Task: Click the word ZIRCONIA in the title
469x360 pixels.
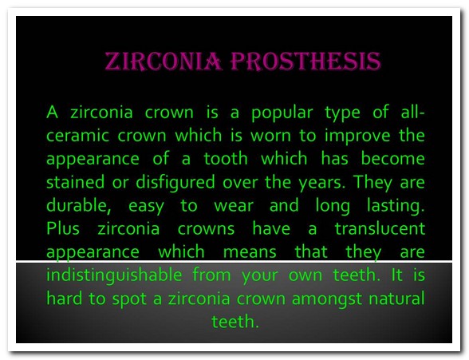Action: coord(164,61)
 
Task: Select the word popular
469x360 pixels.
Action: coord(282,113)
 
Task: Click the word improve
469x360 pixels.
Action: coord(357,136)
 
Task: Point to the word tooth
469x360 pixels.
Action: coord(227,158)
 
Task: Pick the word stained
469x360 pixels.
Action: coord(75,181)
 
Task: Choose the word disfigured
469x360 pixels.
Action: coord(175,183)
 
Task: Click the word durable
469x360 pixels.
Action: coord(79,205)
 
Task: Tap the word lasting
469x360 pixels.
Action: coord(396,206)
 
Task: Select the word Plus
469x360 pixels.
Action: coord(63,228)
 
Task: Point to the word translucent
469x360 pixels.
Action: coord(380,228)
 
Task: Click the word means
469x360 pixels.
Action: coord(250,252)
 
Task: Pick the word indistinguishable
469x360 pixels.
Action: coord(114,275)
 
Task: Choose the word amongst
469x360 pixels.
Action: coord(327,299)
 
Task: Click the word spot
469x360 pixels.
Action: coord(129,299)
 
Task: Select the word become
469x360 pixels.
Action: coord(392,158)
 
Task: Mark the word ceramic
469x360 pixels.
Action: coord(78,136)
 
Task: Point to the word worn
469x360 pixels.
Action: coord(270,136)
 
